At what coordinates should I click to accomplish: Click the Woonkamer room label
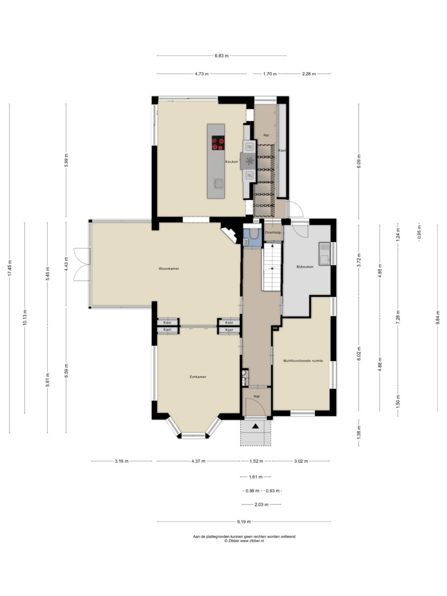[x=169, y=269]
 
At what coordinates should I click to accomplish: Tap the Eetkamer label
[x=198, y=377]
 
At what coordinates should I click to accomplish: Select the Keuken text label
[x=231, y=162]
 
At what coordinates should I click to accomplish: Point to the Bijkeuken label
[x=305, y=267]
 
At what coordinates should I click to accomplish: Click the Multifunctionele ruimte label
[x=303, y=361]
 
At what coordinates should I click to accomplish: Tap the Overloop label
[x=273, y=232]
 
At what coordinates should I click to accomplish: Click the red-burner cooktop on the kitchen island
[x=218, y=143]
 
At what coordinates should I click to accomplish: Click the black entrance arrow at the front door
[x=255, y=426]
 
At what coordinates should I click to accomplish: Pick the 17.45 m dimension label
[x=10, y=268]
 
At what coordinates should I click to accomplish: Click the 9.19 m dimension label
[x=244, y=521]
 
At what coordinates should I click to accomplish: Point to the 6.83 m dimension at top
[x=222, y=56]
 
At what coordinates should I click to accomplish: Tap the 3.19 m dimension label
[x=122, y=461]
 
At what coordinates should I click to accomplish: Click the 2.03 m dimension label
[x=261, y=504]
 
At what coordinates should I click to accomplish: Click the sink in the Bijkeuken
[x=324, y=254]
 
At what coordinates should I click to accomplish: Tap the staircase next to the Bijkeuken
[x=271, y=267]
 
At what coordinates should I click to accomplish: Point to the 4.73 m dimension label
[x=202, y=74]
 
